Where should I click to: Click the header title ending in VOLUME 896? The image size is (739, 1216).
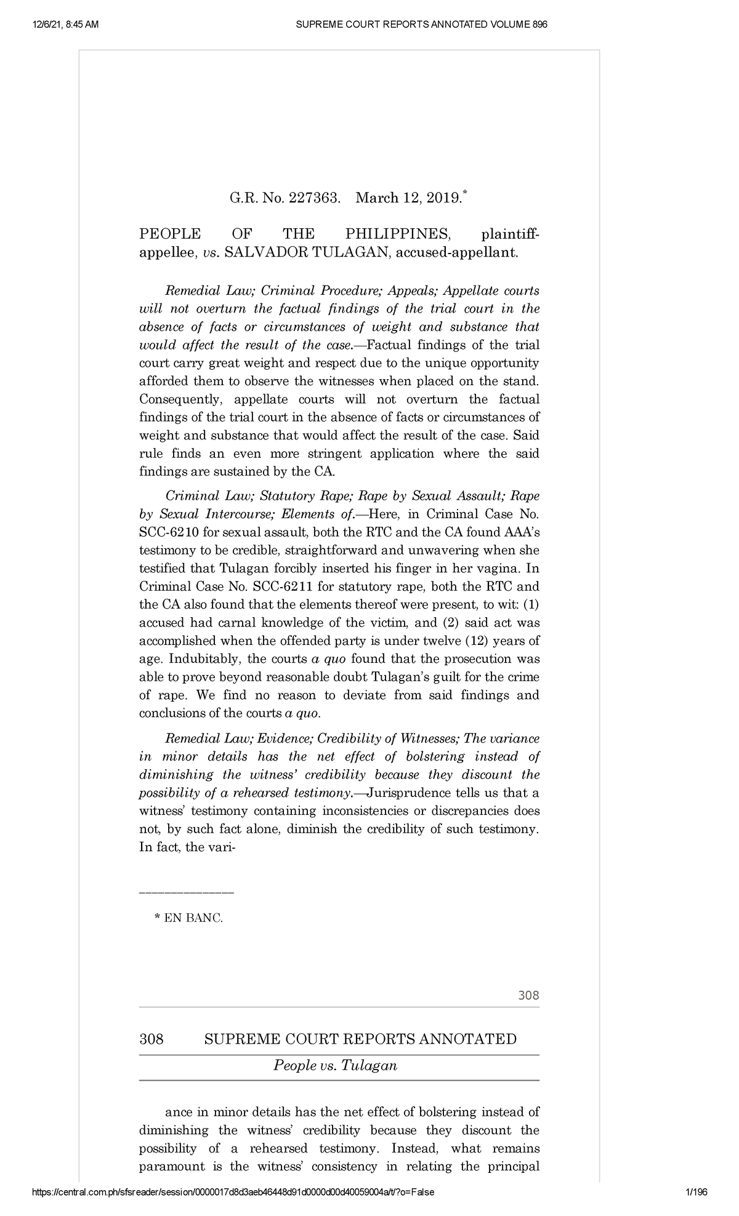[x=421, y=25]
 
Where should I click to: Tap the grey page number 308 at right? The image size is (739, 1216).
[x=528, y=995]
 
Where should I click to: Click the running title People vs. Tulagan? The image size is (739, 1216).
[x=335, y=1065]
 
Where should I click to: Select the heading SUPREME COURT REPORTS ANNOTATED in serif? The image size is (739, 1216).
[x=360, y=1039]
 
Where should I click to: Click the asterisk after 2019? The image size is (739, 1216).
[x=465, y=194]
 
